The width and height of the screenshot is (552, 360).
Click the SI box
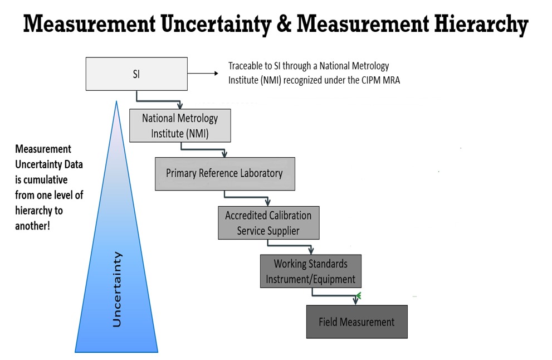pos(136,74)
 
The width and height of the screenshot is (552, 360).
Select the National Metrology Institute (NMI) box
pos(180,126)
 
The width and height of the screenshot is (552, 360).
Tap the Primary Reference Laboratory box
pos(225,174)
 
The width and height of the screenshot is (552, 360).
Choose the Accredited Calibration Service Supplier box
pos(268,223)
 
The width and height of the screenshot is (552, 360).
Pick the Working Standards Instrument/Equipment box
pos(311,271)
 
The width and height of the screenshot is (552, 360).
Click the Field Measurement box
pos(357,322)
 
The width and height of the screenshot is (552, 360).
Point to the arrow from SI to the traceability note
pos(203,73)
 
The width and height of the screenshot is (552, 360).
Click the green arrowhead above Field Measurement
pos(358,295)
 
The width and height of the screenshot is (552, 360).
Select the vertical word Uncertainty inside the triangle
pos(117,290)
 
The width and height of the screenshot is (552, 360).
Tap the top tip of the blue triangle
pos(116,101)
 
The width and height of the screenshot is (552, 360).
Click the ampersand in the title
pos(284,25)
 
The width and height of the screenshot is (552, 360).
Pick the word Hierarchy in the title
pos(481,25)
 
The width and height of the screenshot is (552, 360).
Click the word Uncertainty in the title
pos(216,25)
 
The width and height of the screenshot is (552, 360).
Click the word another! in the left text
pos(33,226)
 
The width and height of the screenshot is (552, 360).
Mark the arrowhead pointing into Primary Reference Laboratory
pos(224,154)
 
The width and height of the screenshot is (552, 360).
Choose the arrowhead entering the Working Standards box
pos(311,251)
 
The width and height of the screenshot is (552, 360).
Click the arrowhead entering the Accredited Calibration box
pos(268,202)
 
